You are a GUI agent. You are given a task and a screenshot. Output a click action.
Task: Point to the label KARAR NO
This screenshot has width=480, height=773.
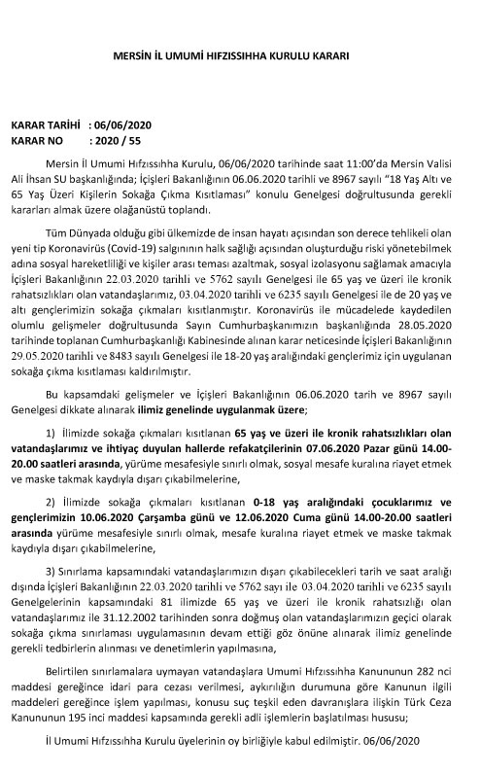(36, 140)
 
